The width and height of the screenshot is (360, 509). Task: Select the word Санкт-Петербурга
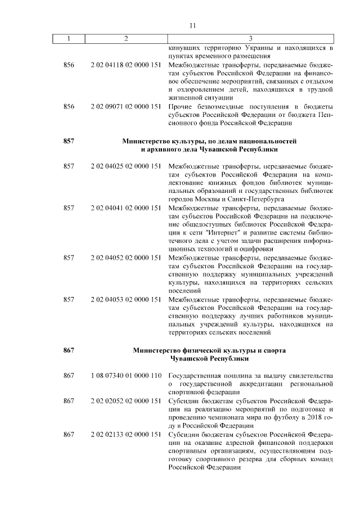click(256, 199)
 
